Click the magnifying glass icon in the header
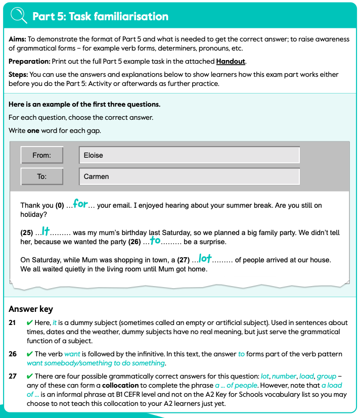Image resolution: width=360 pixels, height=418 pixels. click(x=18, y=16)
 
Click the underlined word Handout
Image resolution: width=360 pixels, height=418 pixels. click(x=231, y=61)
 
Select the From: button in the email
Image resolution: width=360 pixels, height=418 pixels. click(x=41, y=155)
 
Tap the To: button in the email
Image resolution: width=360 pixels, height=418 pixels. click(x=41, y=176)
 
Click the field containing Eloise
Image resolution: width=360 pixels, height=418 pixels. click(x=189, y=155)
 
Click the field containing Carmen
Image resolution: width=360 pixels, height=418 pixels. click(x=189, y=176)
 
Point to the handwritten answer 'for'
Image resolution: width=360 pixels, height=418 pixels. click(x=80, y=204)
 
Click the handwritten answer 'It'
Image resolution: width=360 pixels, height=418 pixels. click(x=46, y=231)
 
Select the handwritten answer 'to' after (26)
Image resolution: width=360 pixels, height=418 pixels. click(x=155, y=241)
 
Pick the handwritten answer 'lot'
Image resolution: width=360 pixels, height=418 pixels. click(x=205, y=259)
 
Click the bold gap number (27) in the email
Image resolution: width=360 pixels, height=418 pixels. click(x=183, y=260)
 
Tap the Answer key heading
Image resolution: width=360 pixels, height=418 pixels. click(x=31, y=309)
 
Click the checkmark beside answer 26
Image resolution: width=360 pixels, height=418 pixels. click(x=29, y=354)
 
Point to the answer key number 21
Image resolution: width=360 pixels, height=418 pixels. click(x=13, y=322)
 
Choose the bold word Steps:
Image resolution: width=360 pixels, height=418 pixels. click(x=19, y=74)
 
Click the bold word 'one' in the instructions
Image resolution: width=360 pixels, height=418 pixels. click(x=33, y=130)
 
